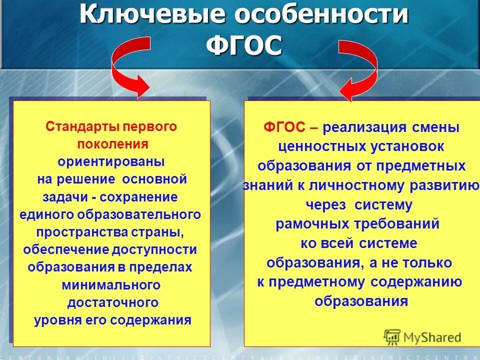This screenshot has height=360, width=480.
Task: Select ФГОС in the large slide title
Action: [244, 46]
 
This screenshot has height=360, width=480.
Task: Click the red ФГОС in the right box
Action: [284, 127]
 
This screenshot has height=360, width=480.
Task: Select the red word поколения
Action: [112, 144]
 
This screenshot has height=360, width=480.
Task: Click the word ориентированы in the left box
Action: [111, 162]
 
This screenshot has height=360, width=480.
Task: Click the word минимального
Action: [111, 285]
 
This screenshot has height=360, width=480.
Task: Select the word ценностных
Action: [318, 147]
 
